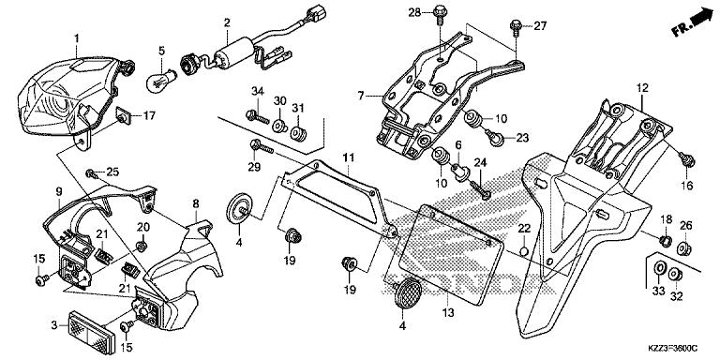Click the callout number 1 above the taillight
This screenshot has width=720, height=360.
(78, 37)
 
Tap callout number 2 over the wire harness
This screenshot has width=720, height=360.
(227, 22)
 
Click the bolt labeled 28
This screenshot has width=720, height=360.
(439, 13)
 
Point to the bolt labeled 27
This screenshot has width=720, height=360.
(516, 24)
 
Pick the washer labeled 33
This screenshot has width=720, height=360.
(660, 272)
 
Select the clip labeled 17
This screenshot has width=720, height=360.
(123, 117)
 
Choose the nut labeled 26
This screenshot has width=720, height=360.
(684, 248)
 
